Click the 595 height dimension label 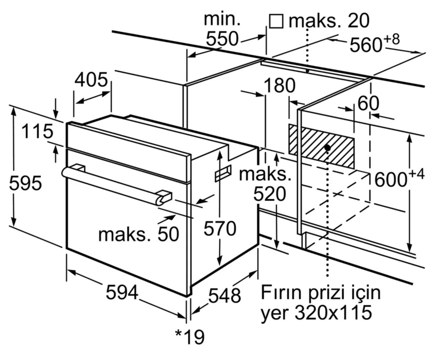pyautogui.click(x=26, y=183)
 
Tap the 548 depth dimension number pyautogui.click(x=225, y=295)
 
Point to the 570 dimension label pyautogui.click(x=219, y=229)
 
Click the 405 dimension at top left pyautogui.click(x=91, y=80)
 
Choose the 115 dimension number pyautogui.click(x=38, y=131)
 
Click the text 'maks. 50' pyautogui.click(x=138, y=234)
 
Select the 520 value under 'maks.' pyautogui.click(x=269, y=195)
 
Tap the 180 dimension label pyautogui.click(x=279, y=86)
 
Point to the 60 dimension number pyautogui.click(x=368, y=103)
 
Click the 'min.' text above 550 pyautogui.click(x=222, y=19)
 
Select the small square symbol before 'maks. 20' pyautogui.click(x=276, y=21)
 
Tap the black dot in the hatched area pyautogui.click(x=327, y=148)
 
